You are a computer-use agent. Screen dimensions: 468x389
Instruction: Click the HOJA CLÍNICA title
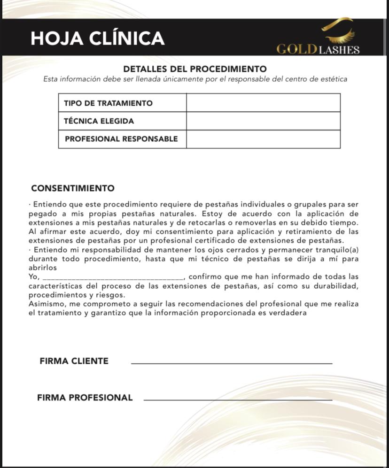pyautogui.click(x=97, y=38)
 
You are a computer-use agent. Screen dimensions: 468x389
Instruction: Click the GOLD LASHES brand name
pyautogui.click(x=318, y=50)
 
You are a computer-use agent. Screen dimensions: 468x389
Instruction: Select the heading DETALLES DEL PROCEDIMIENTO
pyautogui.click(x=194, y=69)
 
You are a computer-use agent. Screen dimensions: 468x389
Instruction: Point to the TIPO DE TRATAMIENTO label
pyautogui.click(x=108, y=103)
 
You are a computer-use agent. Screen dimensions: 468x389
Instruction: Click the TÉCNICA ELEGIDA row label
pyautogui.click(x=99, y=121)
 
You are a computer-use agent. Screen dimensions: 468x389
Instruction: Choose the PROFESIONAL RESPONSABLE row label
pyautogui.click(x=121, y=139)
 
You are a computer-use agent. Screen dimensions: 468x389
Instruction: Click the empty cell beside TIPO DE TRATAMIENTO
pyautogui.click(x=263, y=103)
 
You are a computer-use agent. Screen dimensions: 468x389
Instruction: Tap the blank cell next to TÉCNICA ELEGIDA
pyautogui.click(x=263, y=121)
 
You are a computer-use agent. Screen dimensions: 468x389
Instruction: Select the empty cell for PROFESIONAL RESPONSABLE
pyautogui.click(x=263, y=139)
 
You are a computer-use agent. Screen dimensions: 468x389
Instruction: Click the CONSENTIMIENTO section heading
pyautogui.click(x=73, y=188)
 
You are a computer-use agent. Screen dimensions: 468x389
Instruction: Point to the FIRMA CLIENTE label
pyautogui.click(x=74, y=361)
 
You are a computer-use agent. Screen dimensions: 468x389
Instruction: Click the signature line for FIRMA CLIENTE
pyautogui.click(x=231, y=363)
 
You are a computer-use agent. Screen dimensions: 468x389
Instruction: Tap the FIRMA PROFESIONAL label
pyautogui.click(x=85, y=398)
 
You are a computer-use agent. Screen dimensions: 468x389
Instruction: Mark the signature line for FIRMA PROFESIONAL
pyautogui.click(x=237, y=400)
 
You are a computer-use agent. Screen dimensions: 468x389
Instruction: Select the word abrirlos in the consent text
pyautogui.click(x=43, y=268)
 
